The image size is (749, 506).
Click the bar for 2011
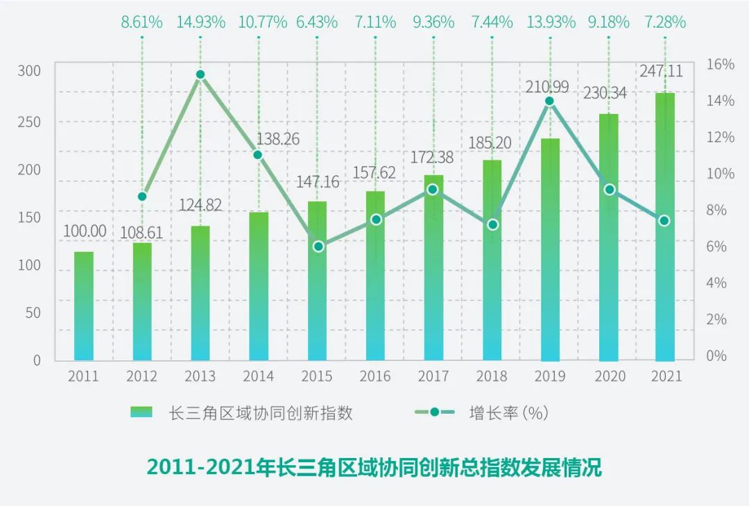(x=83, y=305)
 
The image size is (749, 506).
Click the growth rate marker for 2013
(x=200, y=74)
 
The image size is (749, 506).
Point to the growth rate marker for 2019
(x=549, y=101)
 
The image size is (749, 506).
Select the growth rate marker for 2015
(x=318, y=246)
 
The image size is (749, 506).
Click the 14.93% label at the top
(x=200, y=22)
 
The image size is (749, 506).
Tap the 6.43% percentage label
(x=317, y=22)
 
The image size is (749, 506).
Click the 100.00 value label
(x=85, y=231)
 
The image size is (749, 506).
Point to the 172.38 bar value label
(x=431, y=158)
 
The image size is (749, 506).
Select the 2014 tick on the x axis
(x=258, y=376)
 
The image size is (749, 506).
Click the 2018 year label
(x=491, y=376)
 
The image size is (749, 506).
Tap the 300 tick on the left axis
(x=29, y=71)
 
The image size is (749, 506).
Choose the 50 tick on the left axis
(x=33, y=312)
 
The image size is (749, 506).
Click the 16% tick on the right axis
(x=721, y=65)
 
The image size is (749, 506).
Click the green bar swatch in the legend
(x=141, y=412)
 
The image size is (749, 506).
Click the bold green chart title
(x=374, y=467)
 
